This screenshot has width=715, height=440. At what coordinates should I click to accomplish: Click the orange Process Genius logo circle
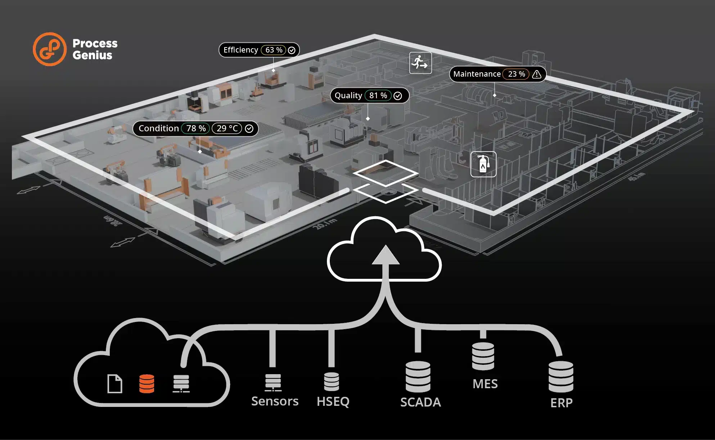click(50, 49)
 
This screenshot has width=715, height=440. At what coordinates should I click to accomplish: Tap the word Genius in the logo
click(93, 55)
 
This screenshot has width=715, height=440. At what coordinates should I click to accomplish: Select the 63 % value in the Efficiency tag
click(274, 50)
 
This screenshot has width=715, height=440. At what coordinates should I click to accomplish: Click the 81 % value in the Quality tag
click(378, 96)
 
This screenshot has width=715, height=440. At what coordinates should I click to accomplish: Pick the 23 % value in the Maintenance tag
click(516, 74)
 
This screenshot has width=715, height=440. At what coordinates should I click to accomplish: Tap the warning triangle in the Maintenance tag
click(536, 74)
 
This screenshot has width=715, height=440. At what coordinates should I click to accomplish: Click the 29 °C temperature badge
click(227, 128)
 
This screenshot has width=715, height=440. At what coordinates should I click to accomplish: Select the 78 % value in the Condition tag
click(195, 128)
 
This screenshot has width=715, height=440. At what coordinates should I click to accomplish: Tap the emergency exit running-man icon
click(420, 63)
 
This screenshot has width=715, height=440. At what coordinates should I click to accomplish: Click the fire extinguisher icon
click(483, 164)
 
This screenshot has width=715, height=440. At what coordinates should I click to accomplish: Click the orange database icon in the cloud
click(147, 384)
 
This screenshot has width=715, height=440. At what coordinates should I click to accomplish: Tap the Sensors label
click(275, 401)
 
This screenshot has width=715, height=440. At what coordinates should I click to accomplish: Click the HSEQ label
click(333, 401)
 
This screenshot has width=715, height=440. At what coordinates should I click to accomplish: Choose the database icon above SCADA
click(418, 377)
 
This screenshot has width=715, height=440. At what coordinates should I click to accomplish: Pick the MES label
click(485, 384)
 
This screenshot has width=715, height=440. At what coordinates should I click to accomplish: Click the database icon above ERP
click(561, 377)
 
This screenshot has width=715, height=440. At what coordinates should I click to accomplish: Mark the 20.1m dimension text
click(324, 224)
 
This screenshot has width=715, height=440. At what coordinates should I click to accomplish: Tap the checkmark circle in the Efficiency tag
click(292, 50)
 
